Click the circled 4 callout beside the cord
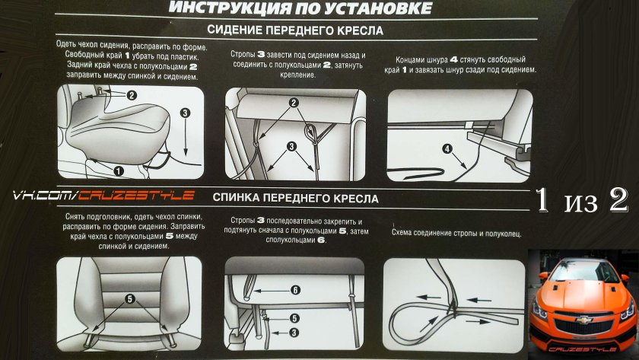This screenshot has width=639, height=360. pos(447,149)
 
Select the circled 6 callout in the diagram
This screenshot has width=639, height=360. pos(296,289)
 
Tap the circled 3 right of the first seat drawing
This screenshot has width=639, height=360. pos(185,112)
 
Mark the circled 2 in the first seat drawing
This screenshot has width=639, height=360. pos(131,96)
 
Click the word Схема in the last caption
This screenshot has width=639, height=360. pos(405,232)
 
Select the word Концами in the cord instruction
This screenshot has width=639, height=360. pos(413,59)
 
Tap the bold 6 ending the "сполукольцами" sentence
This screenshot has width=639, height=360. pos(322,240)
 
